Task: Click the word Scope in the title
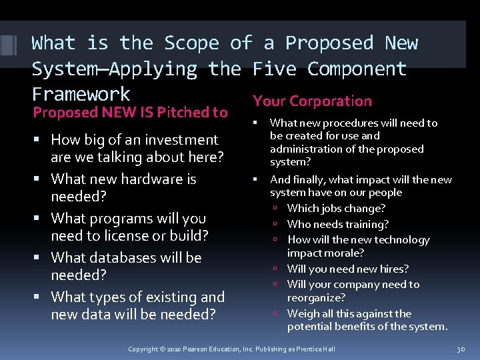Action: [191, 43]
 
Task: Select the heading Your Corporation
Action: [312, 101]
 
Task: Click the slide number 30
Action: [460, 349]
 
